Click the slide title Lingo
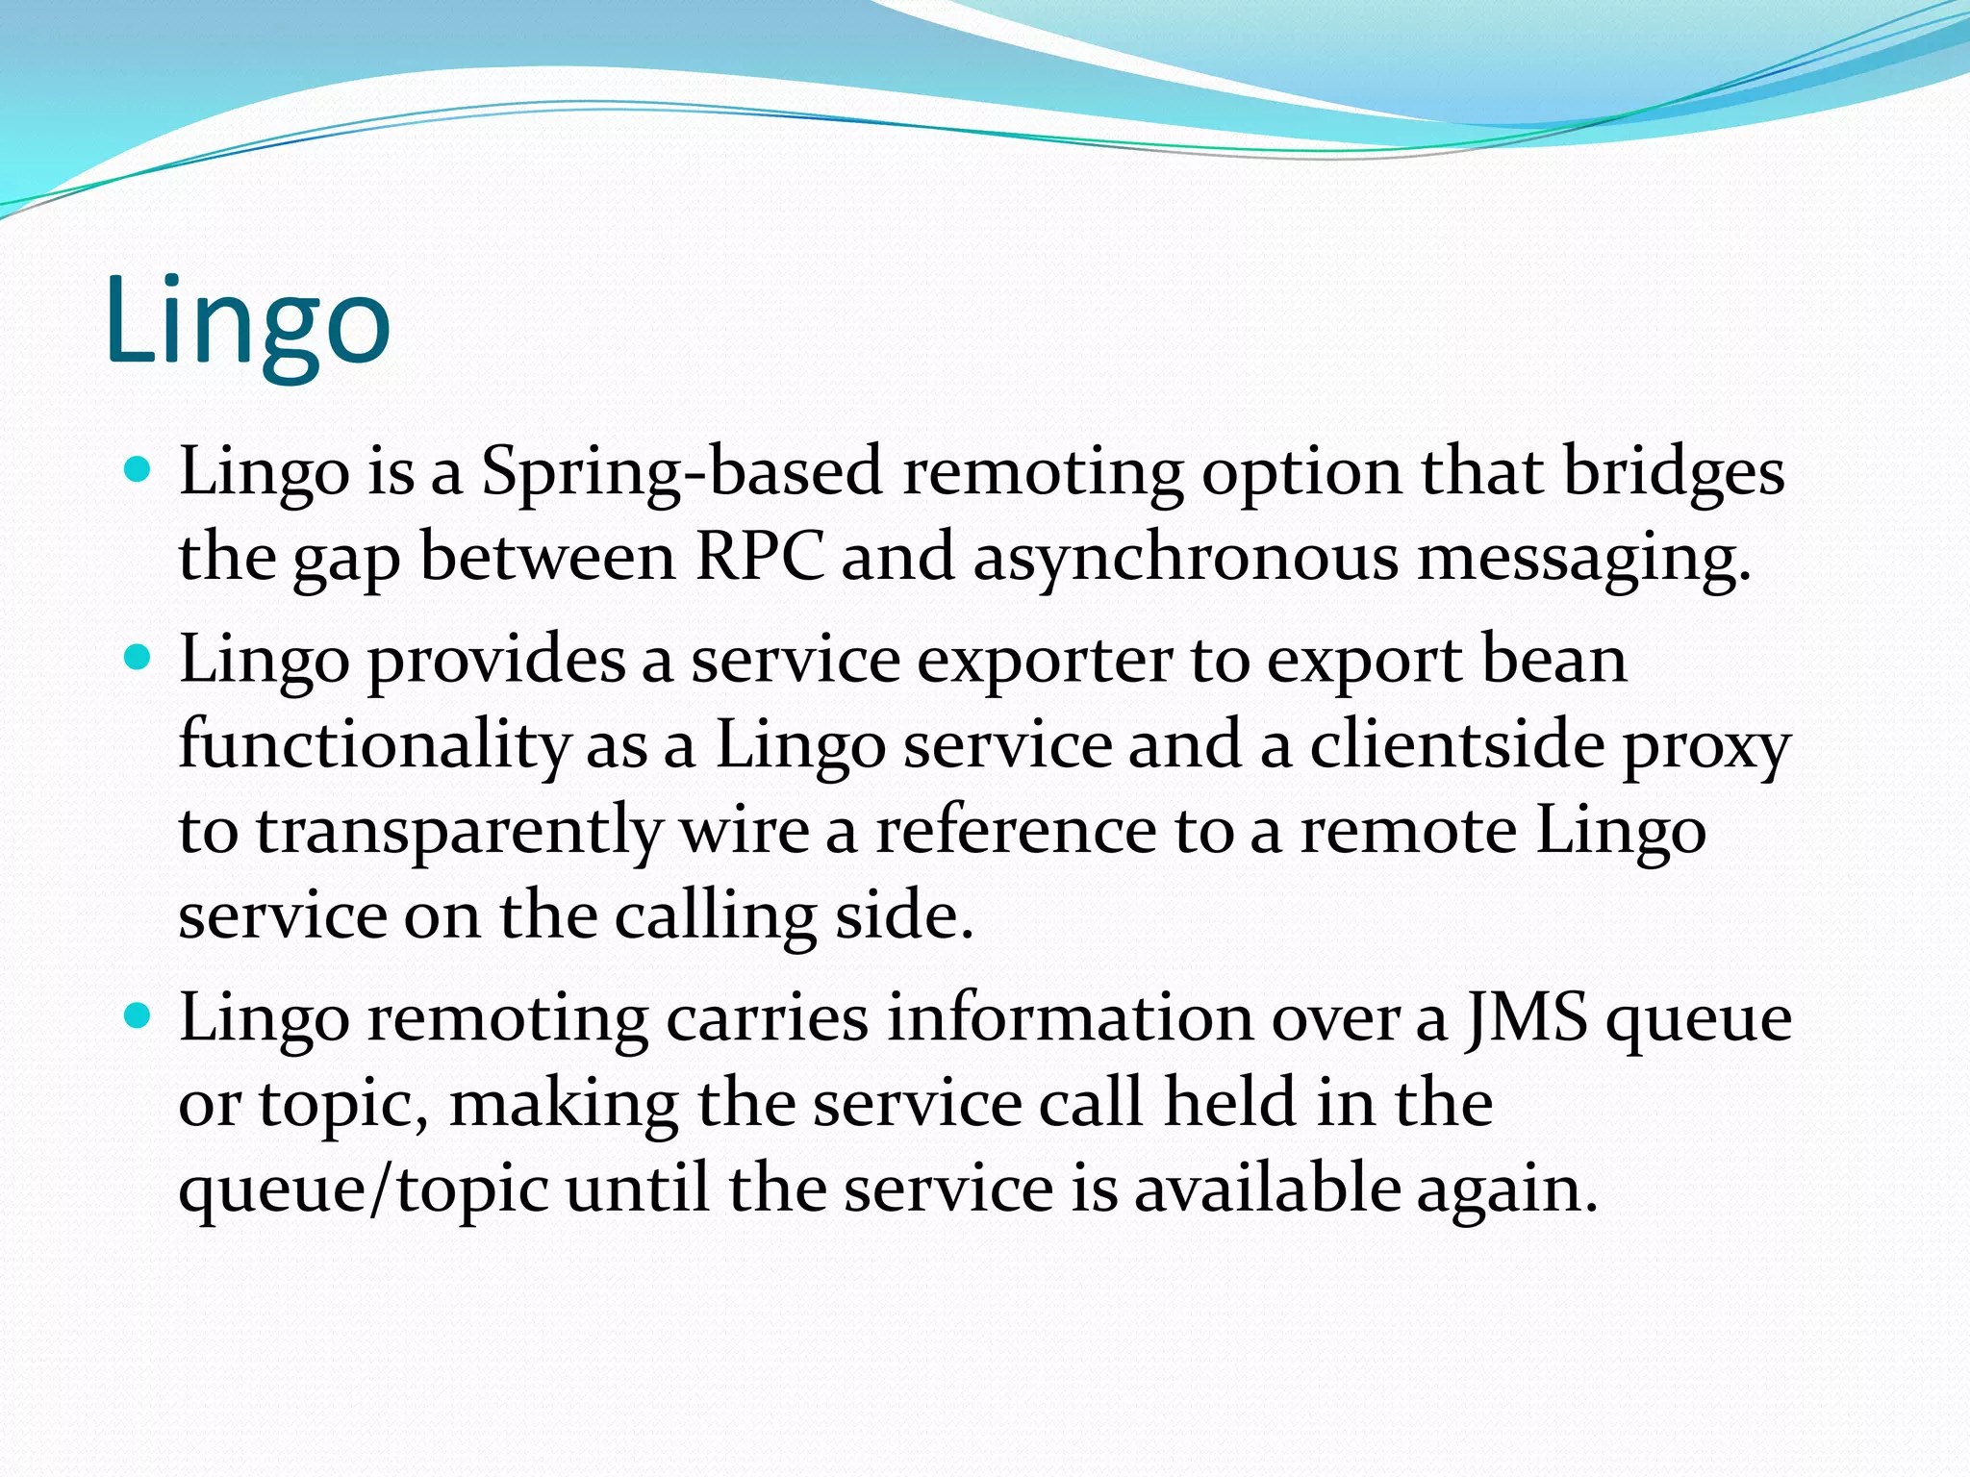pyautogui.click(x=248, y=322)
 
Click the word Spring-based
pyautogui.click(x=681, y=473)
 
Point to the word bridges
pyautogui.click(x=1674, y=473)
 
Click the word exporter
pyautogui.click(x=1045, y=662)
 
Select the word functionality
pyautogui.click(x=374, y=746)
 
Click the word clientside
pyautogui.click(x=1456, y=746)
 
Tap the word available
pyautogui.click(x=1267, y=1189)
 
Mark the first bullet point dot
pyautogui.click(x=139, y=470)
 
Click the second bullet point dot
pyautogui.click(x=139, y=659)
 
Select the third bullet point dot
pyautogui.click(x=139, y=1016)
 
